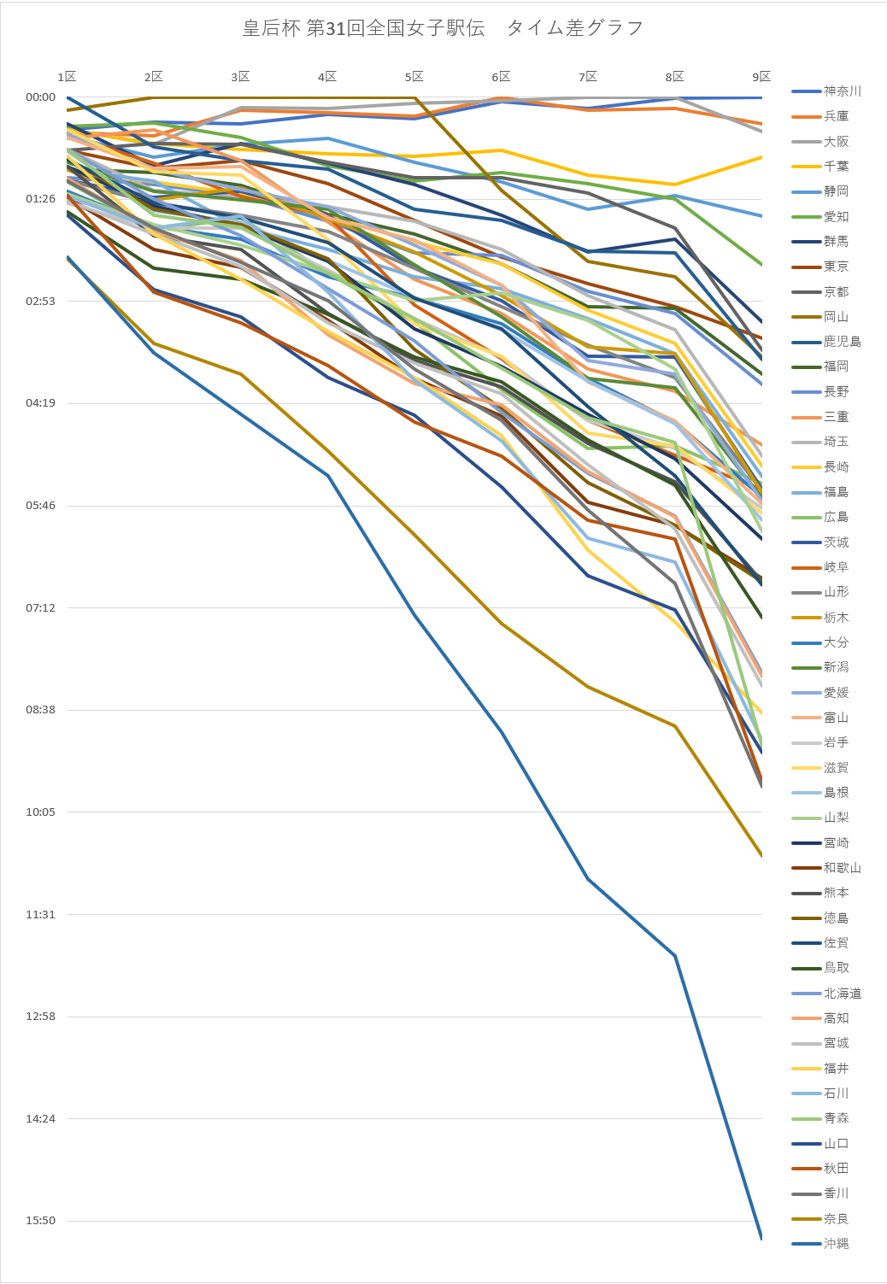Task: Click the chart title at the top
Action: pos(443,27)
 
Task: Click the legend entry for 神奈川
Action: pos(826,91)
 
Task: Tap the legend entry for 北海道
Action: pos(826,993)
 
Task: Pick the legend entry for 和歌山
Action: pos(826,867)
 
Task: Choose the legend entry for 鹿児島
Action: pos(826,342)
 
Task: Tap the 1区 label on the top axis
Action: pos(68,77)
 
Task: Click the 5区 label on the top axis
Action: pos(414,77)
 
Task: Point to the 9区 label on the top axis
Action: pos(761,77)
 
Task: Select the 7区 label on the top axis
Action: pos(588,77)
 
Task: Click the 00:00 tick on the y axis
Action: pos(41,97)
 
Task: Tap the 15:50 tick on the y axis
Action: pos(41,1221)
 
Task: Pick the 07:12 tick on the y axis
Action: pos(41,607)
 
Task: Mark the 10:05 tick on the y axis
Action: pos(41,812)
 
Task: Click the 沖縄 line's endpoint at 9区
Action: pos(761,1240)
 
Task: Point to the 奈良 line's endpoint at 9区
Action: pos(761,856)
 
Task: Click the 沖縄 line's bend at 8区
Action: pos(675,956)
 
